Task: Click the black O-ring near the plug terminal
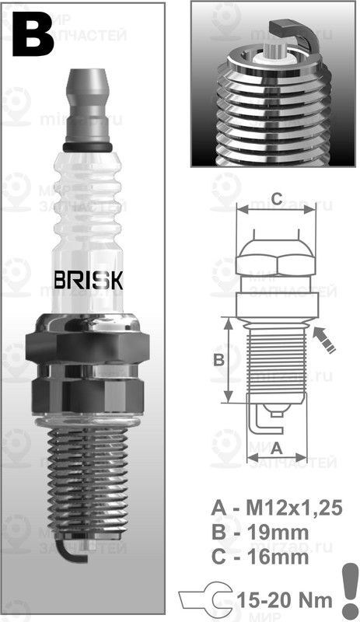tap(88, 147)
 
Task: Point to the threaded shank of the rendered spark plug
tap(87, 482)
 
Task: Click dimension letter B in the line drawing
tap(219, 359)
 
